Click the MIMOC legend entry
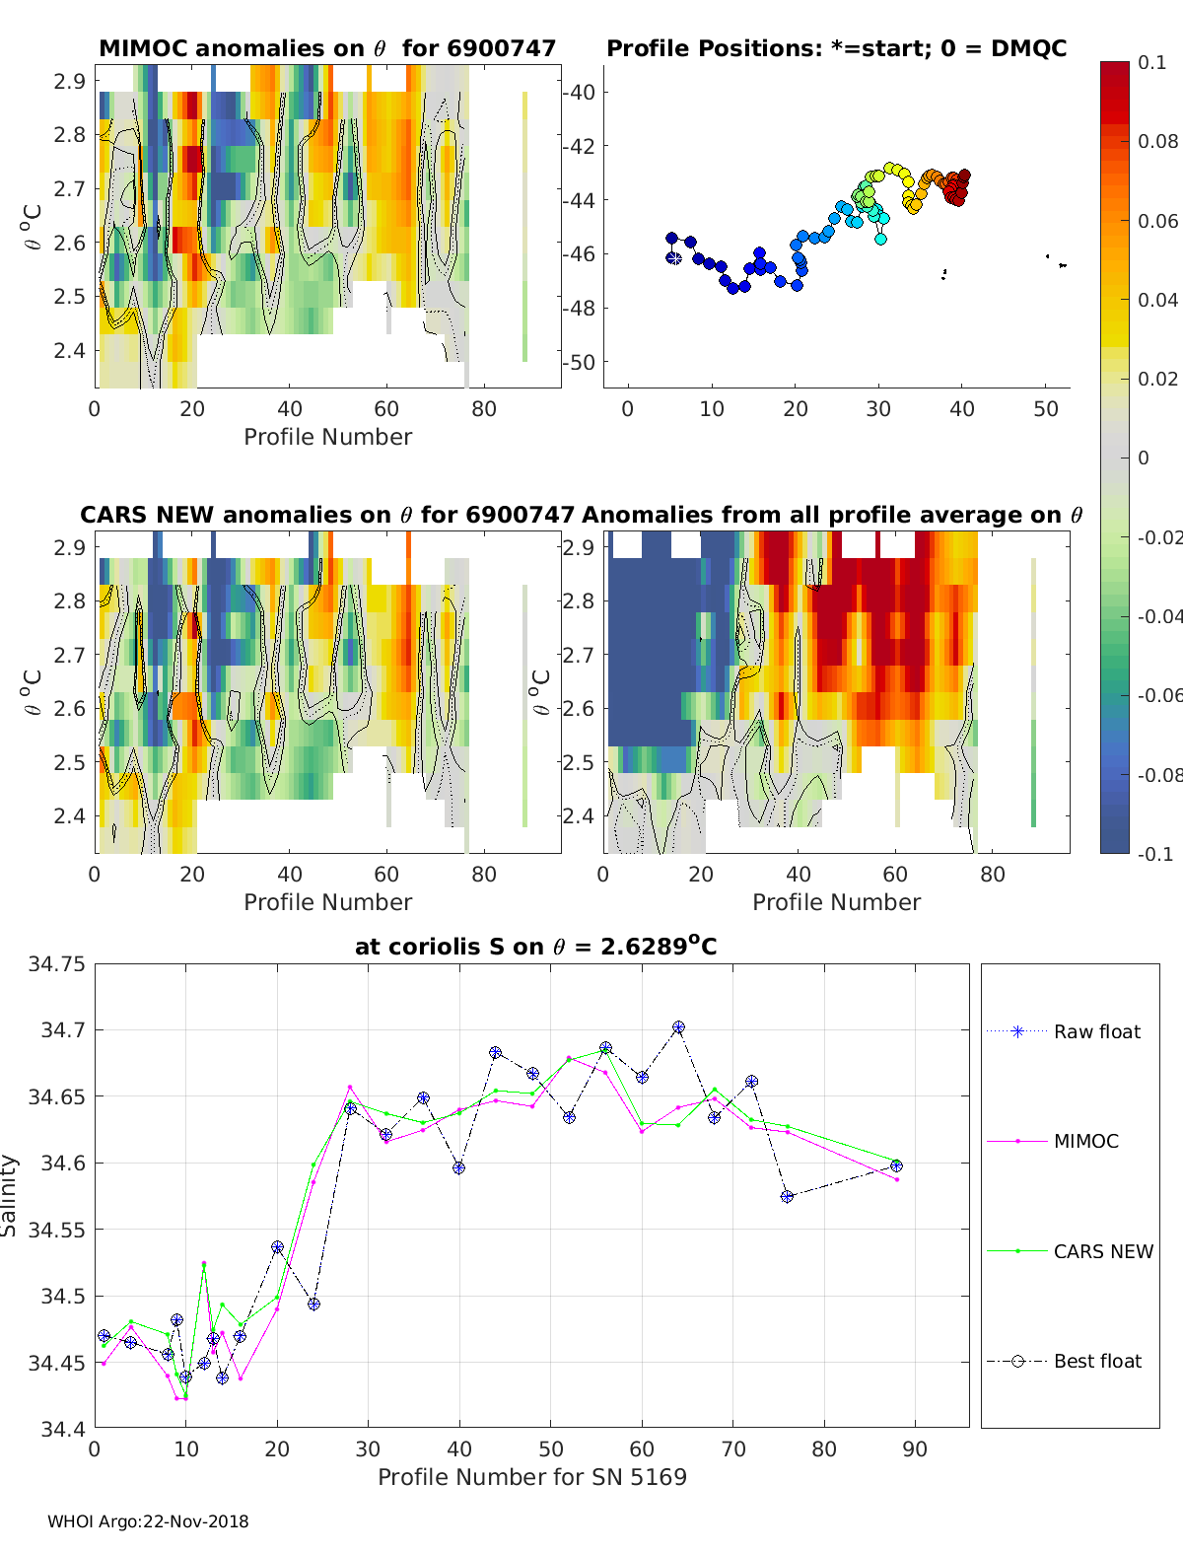[1085, 1141]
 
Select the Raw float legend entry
[1096, 1031]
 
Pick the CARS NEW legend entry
[1102, 1251]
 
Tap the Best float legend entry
[1096, 1361]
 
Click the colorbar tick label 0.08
[1157, 141]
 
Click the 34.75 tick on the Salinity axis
[56, 963]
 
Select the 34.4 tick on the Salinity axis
[62, 1427]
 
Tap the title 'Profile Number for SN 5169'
[531, 1477]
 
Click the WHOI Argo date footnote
[148, 1521]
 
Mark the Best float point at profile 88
[896, 1165]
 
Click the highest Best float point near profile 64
[678, 1027]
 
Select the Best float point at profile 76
[787, 1196]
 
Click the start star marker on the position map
[673, 258]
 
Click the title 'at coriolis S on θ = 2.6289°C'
[535, 947]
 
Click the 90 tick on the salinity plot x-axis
[915, 1448]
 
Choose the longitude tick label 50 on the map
[1046, 408]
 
